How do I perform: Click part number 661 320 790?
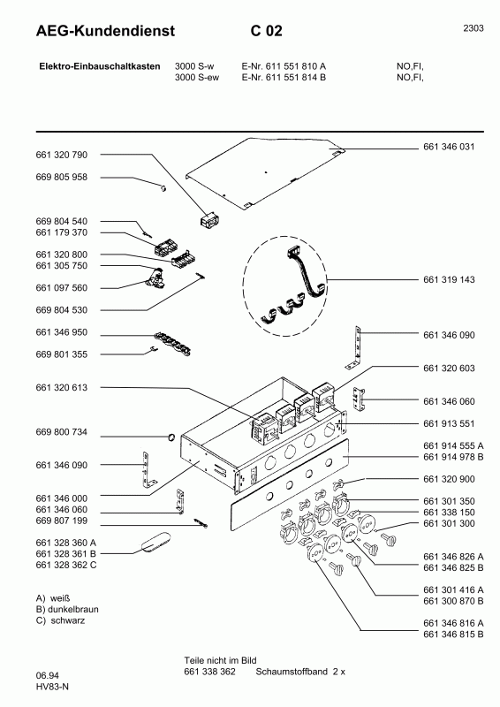pos(62,155)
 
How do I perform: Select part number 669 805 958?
pos(62,177)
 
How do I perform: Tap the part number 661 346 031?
pos(450,147)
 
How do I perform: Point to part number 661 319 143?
pos(450,279)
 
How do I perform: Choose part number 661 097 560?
pos(62,287)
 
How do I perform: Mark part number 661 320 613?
pos(62,387)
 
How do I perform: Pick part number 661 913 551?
pos(450,422)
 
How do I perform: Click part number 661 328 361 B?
pos(66,552)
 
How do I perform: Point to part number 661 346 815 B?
pos(454,635)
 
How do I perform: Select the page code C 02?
pos(266,32)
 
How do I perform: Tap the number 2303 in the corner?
pos(473,28)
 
